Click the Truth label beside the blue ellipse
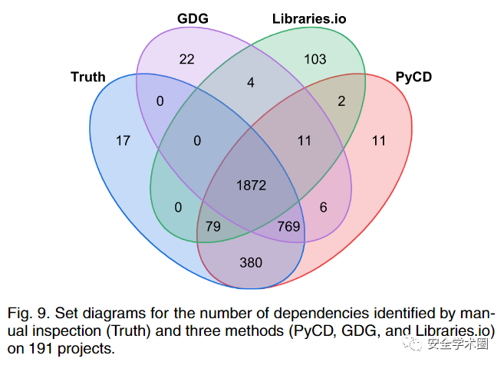87,77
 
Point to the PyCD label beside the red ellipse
415,77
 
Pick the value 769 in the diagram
288,226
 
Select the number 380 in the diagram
251,262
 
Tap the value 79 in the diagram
213,226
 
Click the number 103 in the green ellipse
315,60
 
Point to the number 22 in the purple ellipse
186,60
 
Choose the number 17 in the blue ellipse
123,140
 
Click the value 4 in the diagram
250,82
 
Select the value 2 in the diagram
342,100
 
